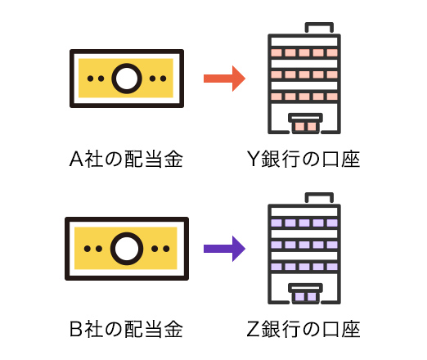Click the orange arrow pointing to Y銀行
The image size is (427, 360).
point(224,79)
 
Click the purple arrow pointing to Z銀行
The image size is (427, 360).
point(224,249)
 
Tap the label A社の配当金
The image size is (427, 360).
point(126,159)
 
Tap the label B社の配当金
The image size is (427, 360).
point(126,329)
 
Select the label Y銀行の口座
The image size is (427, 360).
point(303,159)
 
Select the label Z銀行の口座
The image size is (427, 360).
point(303,329)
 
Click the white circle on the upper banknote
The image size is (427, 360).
point(127,79)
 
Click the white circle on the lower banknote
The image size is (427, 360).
point(127,249)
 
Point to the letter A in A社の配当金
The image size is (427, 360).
point(76,159)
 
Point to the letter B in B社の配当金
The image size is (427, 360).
point(76,329)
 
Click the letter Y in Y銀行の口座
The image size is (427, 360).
point(253,159)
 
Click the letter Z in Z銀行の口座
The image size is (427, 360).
point(253,329)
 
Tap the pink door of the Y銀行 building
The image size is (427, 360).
point(305,127)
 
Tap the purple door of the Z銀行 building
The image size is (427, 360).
point(305,297)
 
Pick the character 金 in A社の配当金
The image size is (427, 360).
point(173,159)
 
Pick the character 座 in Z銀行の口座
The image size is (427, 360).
point(351,329)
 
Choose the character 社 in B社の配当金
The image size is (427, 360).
point(94,329)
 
